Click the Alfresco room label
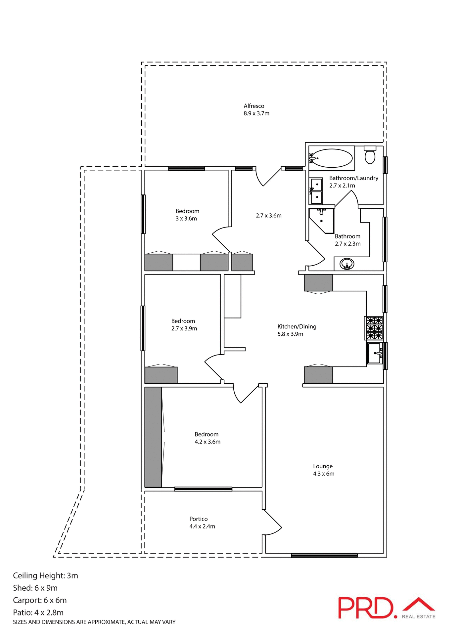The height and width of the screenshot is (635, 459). click(254, 106)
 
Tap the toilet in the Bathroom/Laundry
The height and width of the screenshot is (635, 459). click(370, 155)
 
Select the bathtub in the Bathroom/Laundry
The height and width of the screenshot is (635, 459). click(332, 158)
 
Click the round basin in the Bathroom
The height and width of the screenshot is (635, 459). click(347, 264)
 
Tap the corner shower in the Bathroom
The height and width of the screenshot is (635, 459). click(321, 220)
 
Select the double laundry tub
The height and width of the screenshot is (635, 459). click(316, 191)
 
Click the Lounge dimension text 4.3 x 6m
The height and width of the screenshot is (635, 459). click(324, 474)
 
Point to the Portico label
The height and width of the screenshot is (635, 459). click(199, 519)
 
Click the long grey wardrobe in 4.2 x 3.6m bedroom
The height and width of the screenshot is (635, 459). click(153, 437)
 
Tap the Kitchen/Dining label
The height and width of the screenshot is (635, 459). click(297, 326)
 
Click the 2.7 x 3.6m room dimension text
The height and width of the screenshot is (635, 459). click(269, 216)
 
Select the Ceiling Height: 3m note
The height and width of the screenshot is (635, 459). click(45, 575)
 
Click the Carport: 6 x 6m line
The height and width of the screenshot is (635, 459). click(40, 600)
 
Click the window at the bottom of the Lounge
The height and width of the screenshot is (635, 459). click(324, 555)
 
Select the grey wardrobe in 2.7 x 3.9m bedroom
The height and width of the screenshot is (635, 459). click(161, 375)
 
